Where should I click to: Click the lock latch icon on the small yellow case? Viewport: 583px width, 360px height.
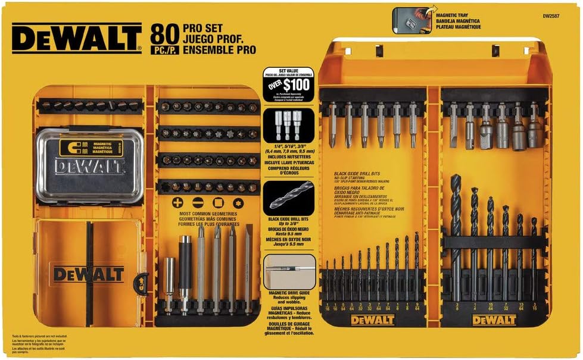pos(141,282)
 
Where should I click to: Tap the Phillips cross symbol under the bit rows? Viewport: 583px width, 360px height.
pos(177,203)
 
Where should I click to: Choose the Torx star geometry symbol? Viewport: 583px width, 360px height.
pos(239,203)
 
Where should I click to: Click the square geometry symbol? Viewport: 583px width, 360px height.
pos(218,203)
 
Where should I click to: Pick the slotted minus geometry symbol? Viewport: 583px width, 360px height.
pos(198,203)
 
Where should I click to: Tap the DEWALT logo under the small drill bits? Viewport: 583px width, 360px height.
pos(373,320)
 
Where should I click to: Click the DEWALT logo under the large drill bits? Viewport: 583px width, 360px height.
pos(494,320)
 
